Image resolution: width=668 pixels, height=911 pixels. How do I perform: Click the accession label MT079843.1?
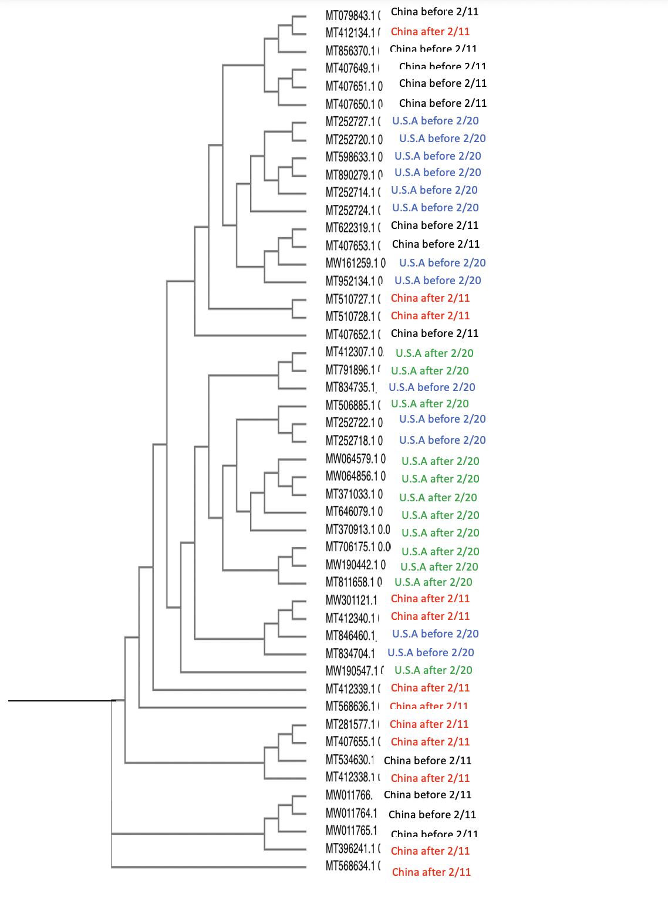[350, 15]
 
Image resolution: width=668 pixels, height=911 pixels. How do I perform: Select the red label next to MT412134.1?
[430, 32]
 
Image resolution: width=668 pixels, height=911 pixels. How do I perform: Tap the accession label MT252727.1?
[350, 122]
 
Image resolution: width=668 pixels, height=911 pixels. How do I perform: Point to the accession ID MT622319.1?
[350, 227]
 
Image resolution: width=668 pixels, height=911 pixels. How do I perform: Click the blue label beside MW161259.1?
[442, 263]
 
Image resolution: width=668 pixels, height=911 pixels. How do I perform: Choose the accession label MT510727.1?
[350, 299]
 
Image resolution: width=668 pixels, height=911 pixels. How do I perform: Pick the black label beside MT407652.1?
[434, 333]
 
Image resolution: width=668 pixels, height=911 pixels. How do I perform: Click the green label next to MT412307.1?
[434, 353]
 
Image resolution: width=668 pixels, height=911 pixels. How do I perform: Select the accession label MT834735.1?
[350, 387]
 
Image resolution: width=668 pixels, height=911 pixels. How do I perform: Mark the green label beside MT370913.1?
[440, 533]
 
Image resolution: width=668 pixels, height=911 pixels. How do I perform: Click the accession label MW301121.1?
[351, 600]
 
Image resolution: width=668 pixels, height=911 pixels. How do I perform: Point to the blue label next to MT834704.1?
[430, 653]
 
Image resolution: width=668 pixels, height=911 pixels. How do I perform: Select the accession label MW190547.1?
[350, 670]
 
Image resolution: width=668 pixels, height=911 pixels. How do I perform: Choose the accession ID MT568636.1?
[350, 706]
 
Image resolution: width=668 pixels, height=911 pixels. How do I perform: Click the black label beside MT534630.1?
[427, 761]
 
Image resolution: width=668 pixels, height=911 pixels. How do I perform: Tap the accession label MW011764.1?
[351, 813]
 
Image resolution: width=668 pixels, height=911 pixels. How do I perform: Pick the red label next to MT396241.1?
[430, 851]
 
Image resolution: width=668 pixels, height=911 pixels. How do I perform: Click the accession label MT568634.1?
[350, 866]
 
